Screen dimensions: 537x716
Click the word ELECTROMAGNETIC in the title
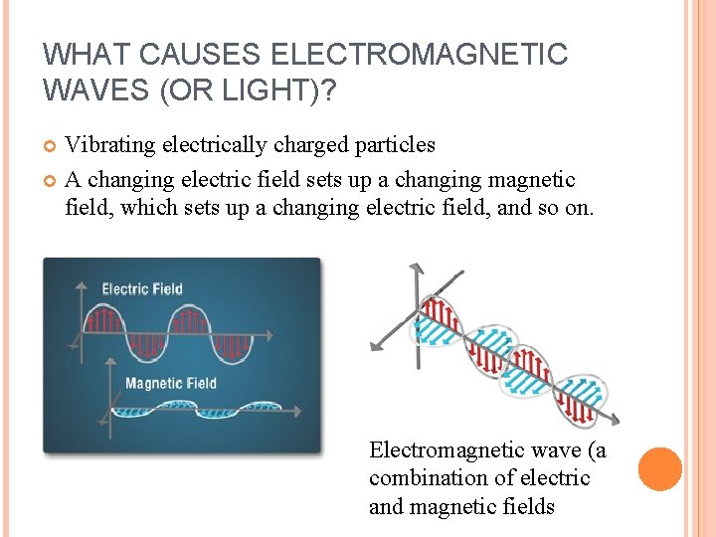pyautogui.click(x=419, y=55)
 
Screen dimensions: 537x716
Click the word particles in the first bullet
pyautogui.click(x=392, y=145)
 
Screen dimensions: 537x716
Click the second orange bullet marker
pyautogui.click(x=52, y=181)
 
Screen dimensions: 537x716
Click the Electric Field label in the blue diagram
pyautogui.click(x=142, y=289)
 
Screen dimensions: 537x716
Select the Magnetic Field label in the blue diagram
pyautogui.click(x=170, y=384)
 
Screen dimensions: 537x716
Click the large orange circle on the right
pyautogui.click(x=660, y=469)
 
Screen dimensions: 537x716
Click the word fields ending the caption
pyautogui.click(x=526, y=507)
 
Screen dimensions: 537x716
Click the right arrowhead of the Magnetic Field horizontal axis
pyautogui.click(x=295, y=409)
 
